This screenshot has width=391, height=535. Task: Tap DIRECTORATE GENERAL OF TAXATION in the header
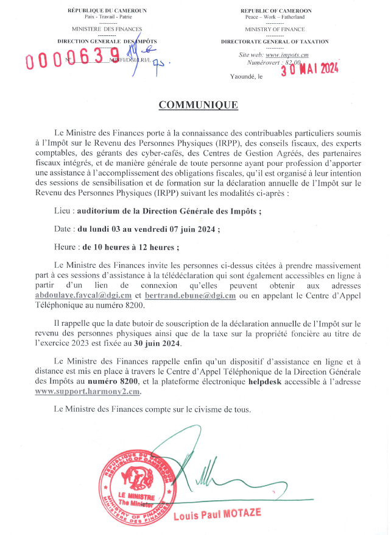coord(275,41)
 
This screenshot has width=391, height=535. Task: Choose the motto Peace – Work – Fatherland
coord(275,17)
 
